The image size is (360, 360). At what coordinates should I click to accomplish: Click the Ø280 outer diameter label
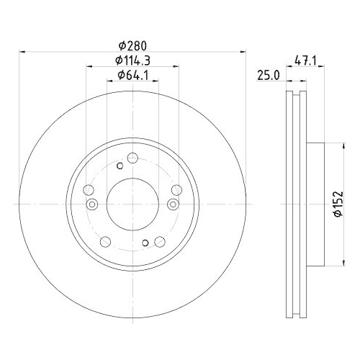130,45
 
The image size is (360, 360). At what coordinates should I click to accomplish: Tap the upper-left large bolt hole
89,190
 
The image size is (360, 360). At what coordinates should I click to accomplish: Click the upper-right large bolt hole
176,190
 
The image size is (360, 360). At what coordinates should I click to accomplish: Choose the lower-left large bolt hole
105,241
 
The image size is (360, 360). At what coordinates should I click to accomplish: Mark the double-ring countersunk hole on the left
91,204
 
